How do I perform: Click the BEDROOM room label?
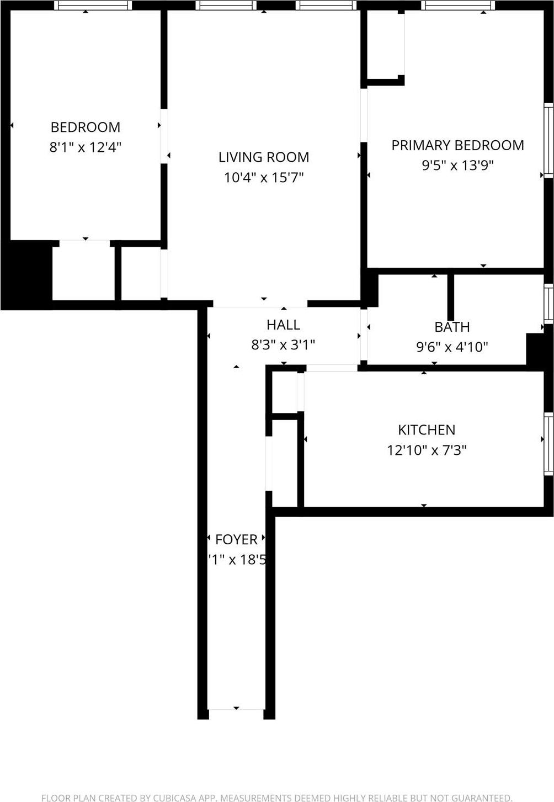[86, 128]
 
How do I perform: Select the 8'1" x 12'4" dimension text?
[86, 147]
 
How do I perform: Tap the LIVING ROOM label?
[264, 157]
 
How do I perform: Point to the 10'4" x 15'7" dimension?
[264, 178]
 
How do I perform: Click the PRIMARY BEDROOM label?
[457, 145]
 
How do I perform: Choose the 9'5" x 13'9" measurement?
[457, 165]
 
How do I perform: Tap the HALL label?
[283, 325]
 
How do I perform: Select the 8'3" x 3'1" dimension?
[283, 345]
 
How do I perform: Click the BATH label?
[452, 327]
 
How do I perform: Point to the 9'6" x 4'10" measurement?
[452, 347]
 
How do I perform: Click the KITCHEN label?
[427, 430]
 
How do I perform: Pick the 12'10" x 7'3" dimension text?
[427, 450]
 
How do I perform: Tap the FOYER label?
[236, 539]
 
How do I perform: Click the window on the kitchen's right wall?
[548, 443]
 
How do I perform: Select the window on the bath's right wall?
[548, 303]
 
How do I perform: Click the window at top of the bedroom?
[93, 6]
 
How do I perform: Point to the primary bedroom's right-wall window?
[548, 140]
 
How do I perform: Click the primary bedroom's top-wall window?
[458, 6]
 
